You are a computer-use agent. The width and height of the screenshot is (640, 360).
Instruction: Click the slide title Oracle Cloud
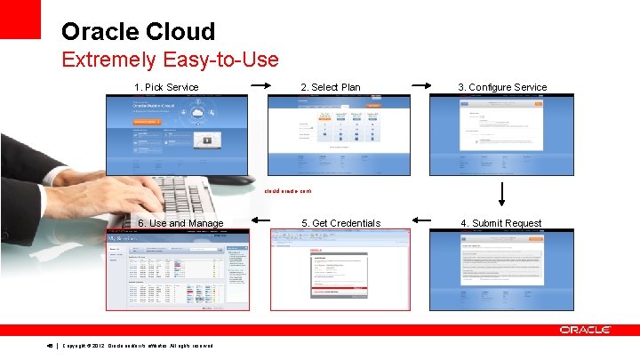pos(138,32)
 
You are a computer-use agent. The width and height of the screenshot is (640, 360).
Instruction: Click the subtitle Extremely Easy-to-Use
pos(170,60)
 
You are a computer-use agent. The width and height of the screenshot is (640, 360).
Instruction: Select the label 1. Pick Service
pos(166,87)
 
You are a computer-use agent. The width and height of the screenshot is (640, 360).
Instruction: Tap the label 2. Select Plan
pos(331,87)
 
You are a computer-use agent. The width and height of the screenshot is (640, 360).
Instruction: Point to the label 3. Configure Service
pos(502,87)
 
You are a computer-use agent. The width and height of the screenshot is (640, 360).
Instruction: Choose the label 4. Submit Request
pos(501,223)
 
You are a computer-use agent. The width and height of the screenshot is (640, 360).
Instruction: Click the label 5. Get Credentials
pos(340,223)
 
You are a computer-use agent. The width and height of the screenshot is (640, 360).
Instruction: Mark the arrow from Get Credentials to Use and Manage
pos(262,222)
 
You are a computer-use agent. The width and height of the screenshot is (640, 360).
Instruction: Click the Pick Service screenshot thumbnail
pos(177,135)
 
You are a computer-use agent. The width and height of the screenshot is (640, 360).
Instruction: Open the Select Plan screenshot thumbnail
pos(340,135)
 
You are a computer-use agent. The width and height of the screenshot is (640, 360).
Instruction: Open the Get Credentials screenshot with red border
pos(340,269)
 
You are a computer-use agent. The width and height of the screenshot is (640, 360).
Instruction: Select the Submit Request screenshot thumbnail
pos(501,269)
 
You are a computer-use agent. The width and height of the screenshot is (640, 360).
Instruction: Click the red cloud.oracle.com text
pos(287,190)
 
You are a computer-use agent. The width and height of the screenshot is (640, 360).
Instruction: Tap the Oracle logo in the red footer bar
pos(584,330)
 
